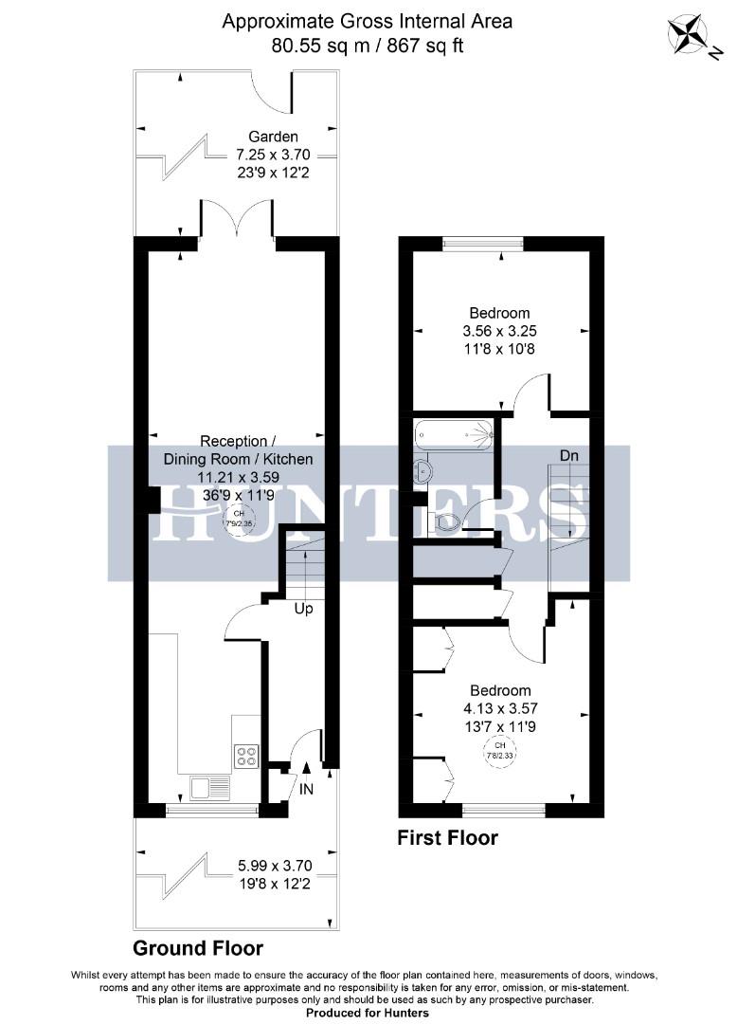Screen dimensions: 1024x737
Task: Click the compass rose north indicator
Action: coord(689,35)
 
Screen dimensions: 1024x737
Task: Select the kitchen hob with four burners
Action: coord(246,756)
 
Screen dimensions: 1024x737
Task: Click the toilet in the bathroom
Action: coord(445,520)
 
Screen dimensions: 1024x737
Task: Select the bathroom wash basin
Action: coord(422,470)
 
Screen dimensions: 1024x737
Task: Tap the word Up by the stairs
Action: coord(303,609)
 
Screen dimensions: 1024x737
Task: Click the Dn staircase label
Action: coord(568,456)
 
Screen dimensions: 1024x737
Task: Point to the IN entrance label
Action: coord(307,788)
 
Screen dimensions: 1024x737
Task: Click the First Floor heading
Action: coord(447,838)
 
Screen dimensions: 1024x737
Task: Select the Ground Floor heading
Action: coord(198,948)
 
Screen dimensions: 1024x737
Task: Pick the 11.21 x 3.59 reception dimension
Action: coord(239,477)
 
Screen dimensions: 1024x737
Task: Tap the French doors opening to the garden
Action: coord(237,220)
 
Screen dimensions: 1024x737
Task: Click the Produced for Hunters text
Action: coord(368,1013)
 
